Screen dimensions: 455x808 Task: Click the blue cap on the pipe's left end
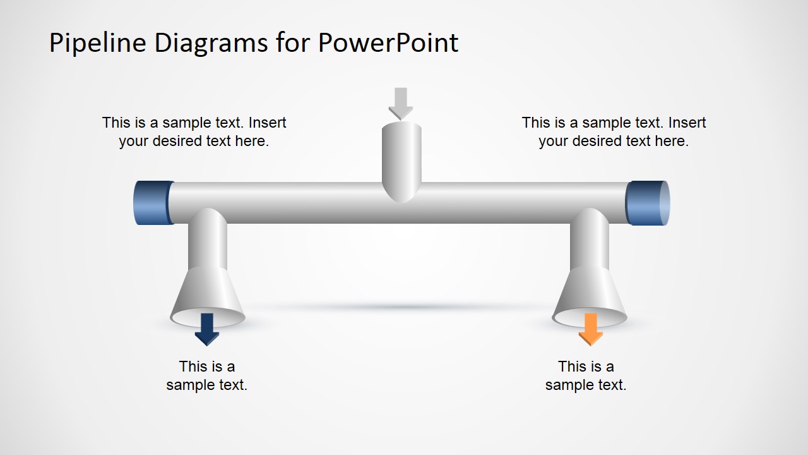coord(153,203)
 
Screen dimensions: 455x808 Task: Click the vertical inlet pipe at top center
coord(401,158)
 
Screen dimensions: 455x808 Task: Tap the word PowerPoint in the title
coord(388,43)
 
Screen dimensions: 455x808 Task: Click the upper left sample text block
coord(194,131)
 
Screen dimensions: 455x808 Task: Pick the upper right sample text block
coord(614,131)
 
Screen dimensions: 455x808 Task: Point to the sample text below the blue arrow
coord(207,375)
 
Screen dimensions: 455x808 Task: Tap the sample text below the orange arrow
coord(586,375)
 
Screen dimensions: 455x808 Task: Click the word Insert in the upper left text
coord(268,123)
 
